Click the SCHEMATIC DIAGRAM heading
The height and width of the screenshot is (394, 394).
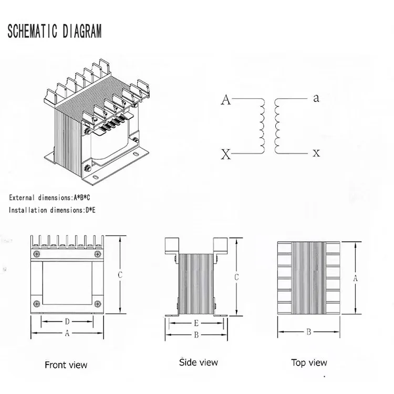pyautogui.click(x=54, y=31)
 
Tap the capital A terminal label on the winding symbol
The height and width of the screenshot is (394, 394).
pyautogui.click(x=226, y=100)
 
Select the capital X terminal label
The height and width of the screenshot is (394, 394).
pyautogui.click(x=226, y=154)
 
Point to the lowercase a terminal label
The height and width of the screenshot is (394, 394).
pyautogui.click(x=316, y=98)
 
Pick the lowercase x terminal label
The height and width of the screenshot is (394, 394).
pyautogui.click(x=316, y=153)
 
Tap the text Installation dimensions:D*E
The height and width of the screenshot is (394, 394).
pyautogui.click(x=52, y=210)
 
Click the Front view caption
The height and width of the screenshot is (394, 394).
pyautogui.click(x=66, y=365)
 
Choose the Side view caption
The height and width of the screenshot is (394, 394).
pyautogui.click(x=198, y=362)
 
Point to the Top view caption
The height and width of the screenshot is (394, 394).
pyautogui.click(x=309, y=362)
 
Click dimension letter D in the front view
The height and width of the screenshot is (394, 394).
pyautogui.click(x=67, y=321)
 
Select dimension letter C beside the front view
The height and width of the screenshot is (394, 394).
pyautogui.click(x=120, y=274)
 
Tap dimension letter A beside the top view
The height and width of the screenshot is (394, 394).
pyautogui.click(x=355, y=278)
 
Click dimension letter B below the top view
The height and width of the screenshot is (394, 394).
pyautogui.click(x=309, y=332)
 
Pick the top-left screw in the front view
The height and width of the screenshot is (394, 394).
pyautogui.click(x=36, y=255)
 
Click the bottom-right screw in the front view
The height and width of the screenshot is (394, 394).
pyautogui.click(x=98, y=303)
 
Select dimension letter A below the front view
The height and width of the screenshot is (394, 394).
pyautogui.click(x=67, y=333)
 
